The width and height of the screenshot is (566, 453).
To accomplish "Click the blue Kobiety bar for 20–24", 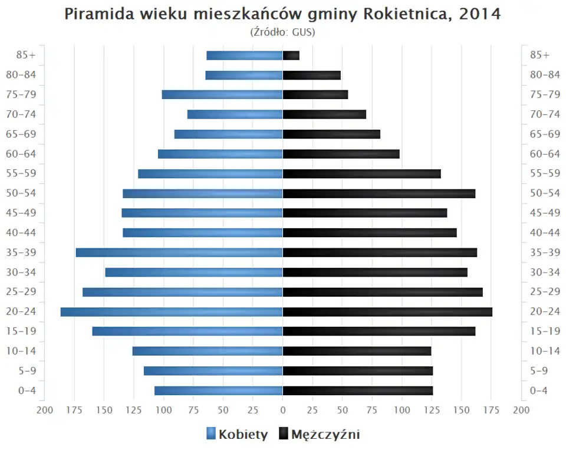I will click(x=172, y=312).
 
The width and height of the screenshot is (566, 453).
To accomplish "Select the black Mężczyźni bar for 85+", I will click(x=291, y=55).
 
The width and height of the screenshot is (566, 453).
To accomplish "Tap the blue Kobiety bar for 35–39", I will click(x=179, y=252).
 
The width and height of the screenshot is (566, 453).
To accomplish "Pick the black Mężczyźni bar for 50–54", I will click(x=379, y=193).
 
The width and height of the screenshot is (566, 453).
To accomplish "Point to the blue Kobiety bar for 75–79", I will click(x=222, y=94).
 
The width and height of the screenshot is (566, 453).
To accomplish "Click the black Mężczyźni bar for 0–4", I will click(x=358, y=390).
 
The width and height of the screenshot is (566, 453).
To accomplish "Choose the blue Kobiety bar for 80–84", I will click(x=244, y=75).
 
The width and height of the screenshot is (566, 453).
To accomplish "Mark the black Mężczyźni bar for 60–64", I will click(x=341, y=154).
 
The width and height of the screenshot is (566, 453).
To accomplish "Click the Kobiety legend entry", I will click(x=237, y=435).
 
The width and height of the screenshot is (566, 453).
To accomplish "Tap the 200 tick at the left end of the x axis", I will click(x=45, y=411).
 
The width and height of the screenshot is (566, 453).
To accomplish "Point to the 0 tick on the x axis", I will click(x=283, y=411).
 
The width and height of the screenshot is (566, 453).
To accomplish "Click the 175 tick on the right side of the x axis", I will click(x=491, y=411).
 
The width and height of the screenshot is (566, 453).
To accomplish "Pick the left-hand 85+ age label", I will click(x=27, y=55).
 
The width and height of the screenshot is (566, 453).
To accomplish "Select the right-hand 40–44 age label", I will click(x=545, y=232).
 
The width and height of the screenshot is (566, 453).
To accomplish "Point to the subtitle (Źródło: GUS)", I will click(x=283, y=32).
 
